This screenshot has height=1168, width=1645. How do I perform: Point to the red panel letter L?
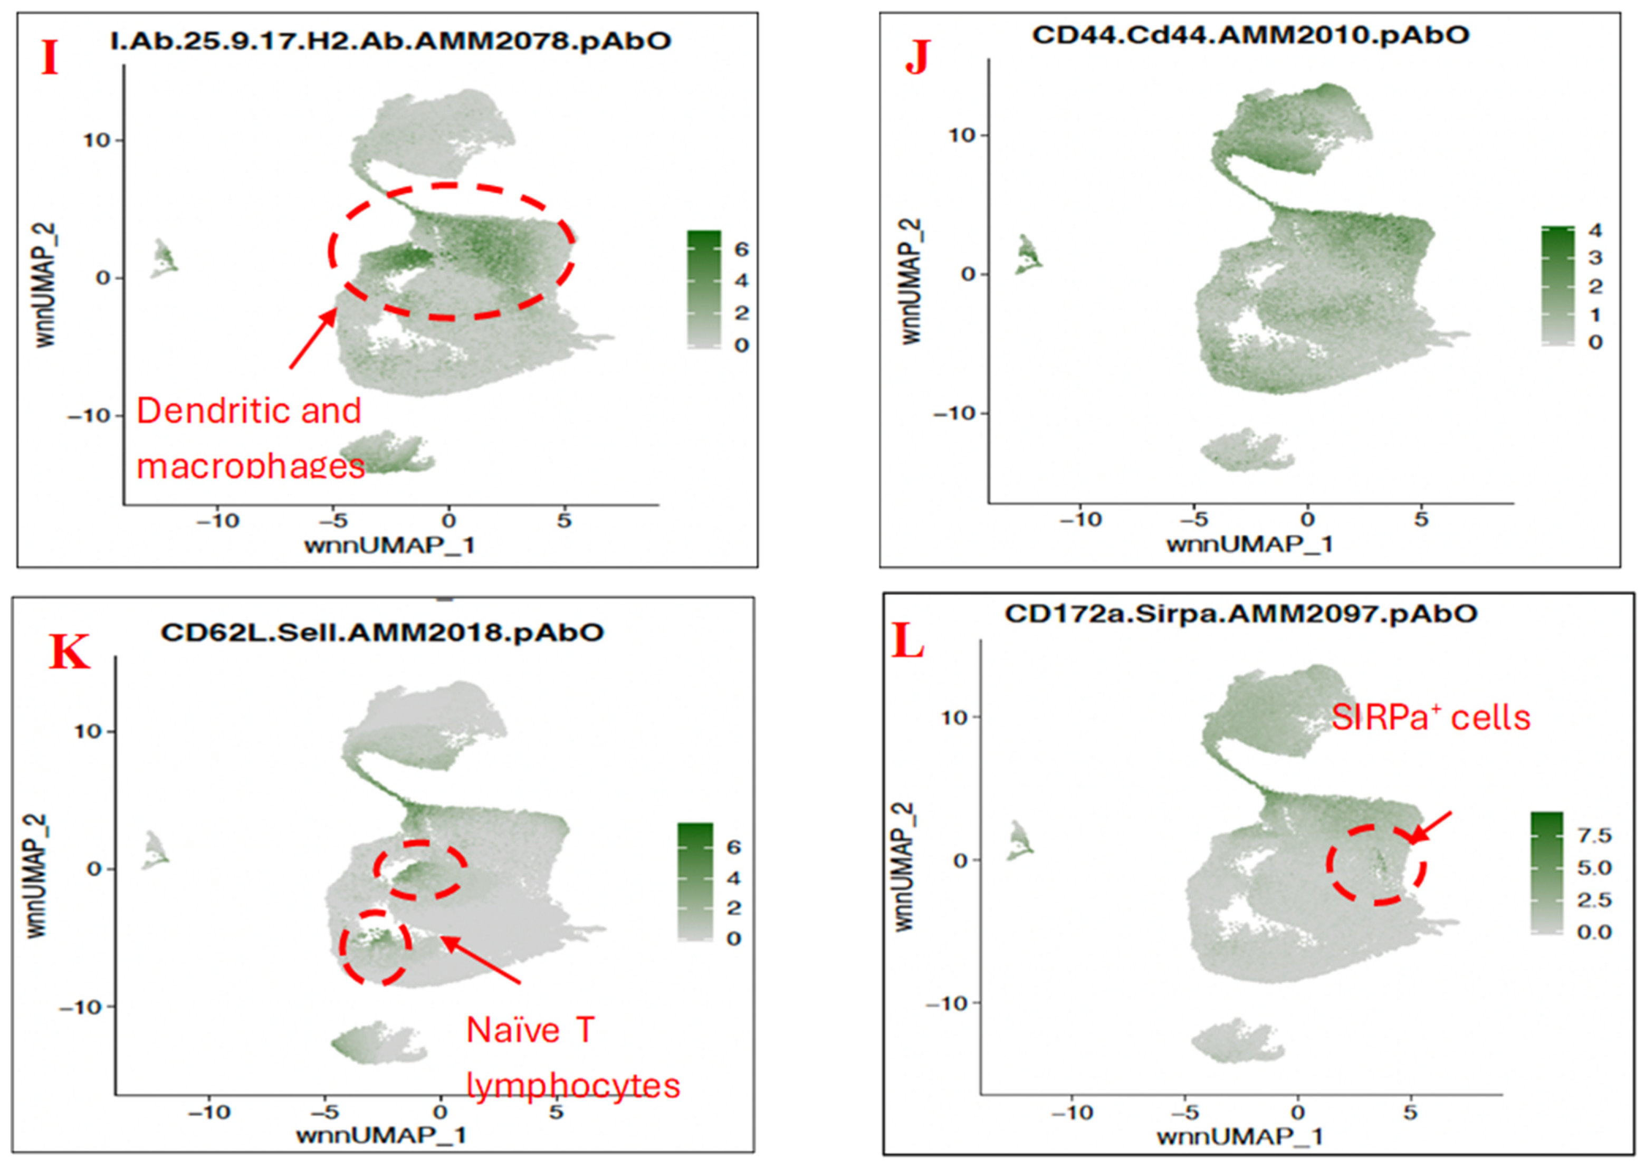908,643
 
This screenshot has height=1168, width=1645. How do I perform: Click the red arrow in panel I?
313,338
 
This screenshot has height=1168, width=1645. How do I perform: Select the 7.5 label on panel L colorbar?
1594,836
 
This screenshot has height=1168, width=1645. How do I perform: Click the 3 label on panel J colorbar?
1595,257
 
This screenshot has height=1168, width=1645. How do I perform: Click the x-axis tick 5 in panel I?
564,520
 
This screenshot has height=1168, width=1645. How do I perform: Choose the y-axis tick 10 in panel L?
954,716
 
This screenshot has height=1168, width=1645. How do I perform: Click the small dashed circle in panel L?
1375,865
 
